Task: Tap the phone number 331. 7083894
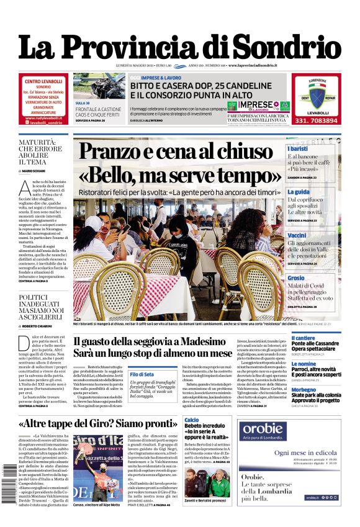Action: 316,120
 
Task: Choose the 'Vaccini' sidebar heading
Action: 297,236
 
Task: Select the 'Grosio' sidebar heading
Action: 296,278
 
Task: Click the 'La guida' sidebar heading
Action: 299,192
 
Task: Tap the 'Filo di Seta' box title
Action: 142,374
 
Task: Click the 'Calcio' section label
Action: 191,420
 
